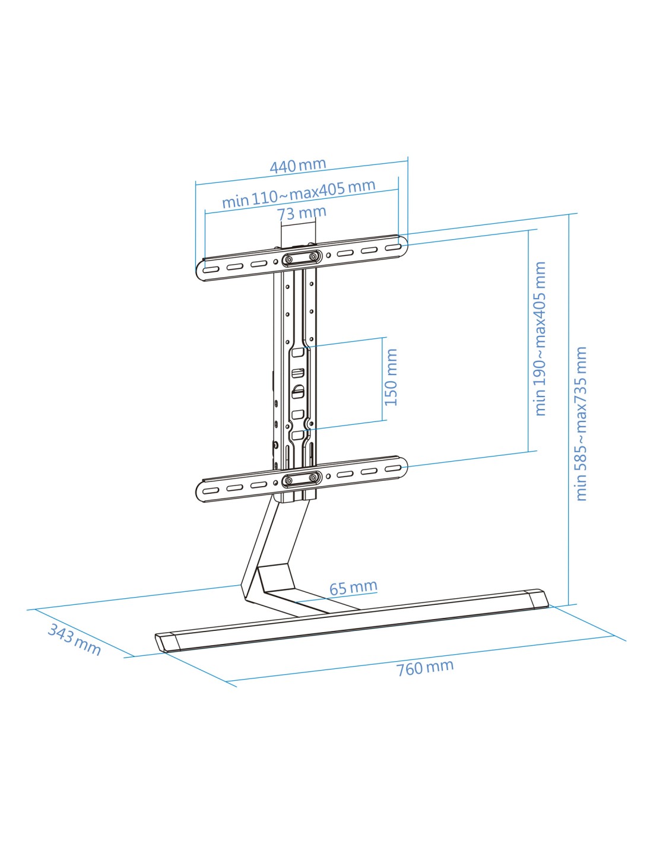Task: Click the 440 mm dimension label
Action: (298, 166)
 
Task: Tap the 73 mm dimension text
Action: (302, 213)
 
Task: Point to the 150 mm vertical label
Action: (391, 377)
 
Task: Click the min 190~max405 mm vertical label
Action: (541, 339)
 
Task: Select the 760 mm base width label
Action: (424, 668)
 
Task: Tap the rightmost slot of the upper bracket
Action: (393, 247)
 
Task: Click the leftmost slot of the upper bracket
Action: (211, 269)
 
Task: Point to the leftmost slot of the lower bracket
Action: (211, 491)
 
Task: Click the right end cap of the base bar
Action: (537, 599)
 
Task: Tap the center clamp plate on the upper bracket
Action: (302, 258)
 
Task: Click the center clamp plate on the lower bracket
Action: (302, 480)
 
